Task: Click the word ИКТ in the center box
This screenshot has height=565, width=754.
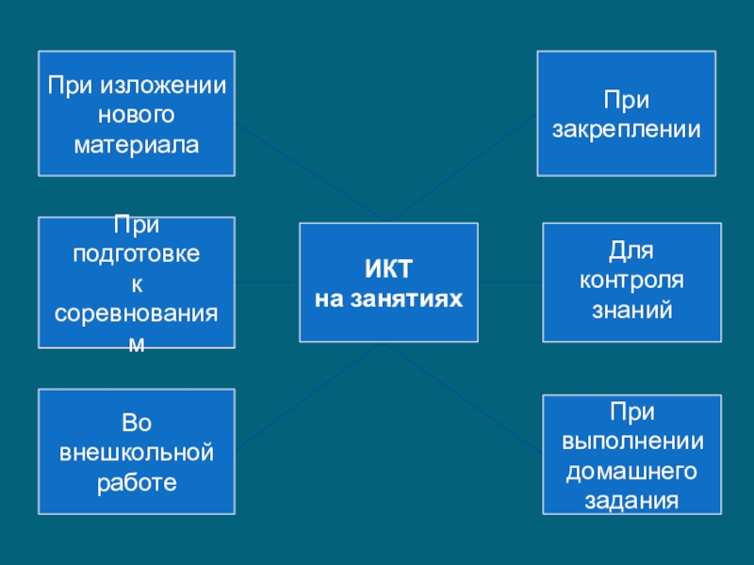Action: click(x=388, y=270)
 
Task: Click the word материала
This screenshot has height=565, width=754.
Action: click(x=137, y=146)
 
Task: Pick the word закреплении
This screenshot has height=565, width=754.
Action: click(x=627, y=129)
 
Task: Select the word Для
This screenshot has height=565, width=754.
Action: click(x=631, y=250)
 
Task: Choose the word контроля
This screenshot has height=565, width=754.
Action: click(x=631, y=280)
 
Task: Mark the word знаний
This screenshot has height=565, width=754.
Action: click(x=631, y=308)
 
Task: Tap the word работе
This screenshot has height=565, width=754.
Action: click(x=137, y=483)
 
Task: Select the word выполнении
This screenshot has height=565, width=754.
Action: click(x=631, y=441)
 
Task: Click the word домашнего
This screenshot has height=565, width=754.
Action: click(x=631, y=470)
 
